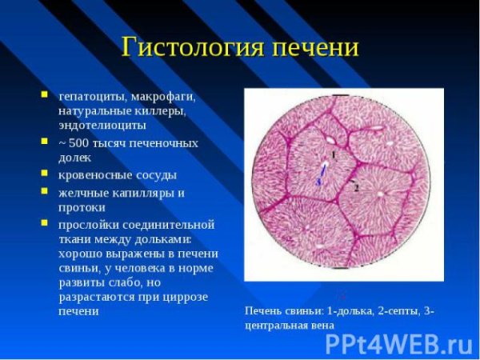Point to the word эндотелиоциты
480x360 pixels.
tap(102, 125)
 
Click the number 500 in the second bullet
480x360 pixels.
tap(79, 142)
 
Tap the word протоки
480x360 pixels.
tap(82, 207)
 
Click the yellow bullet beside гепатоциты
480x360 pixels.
tap(45, 95)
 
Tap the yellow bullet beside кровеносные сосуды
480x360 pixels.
tap(45, 174)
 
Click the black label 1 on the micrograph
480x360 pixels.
tap(333, 154)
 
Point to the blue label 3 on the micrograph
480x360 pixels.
tap(320, 181)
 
